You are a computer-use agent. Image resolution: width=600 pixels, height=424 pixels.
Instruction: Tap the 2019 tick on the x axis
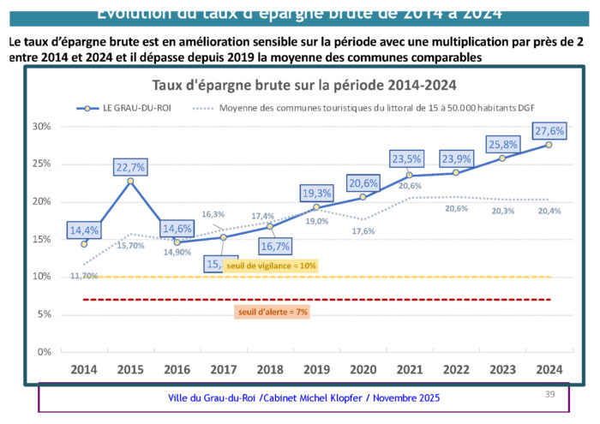pyautogui.click(x=316, y=369)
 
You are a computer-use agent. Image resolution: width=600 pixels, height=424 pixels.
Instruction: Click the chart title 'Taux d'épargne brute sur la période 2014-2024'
pyautogui.click(x=303, y=85)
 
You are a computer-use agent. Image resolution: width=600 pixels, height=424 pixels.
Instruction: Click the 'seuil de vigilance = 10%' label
pyautogui.click(x=271, y=266)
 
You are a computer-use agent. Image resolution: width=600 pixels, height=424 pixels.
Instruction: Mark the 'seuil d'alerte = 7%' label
pyautogui.click(x=272, y=313)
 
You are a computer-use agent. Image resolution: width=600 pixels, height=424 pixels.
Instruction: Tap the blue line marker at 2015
pyautogui.click(x=130, y=181)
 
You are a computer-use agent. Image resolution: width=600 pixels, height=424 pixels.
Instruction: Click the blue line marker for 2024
pyautogui.click(x=549, y=145)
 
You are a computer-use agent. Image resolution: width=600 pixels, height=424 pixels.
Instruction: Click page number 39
pyautogui.click(x=551, y=393)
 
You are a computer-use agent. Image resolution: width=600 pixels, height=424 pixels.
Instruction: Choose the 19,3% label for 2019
pyautogui.click(x=316, y=193)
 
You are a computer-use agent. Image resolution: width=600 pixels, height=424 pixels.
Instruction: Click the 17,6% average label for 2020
pyautogui.click(x=363, y=231)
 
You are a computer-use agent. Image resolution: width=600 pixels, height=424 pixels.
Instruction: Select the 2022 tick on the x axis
pyautogui.click(x=455, y=369)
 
